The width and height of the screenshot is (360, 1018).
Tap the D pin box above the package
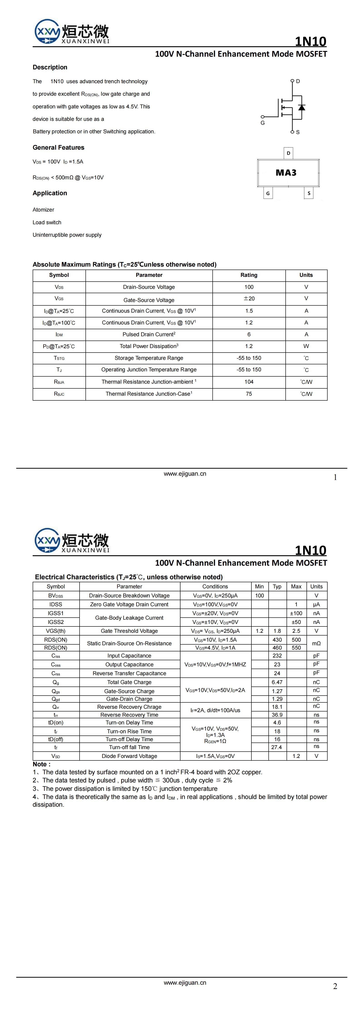pos(288,153)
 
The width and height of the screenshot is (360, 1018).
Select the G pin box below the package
pos(268,193)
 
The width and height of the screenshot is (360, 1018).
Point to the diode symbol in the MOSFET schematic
pos(302,107)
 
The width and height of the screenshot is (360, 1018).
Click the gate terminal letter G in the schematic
pos(262,123)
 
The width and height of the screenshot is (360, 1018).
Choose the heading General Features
pos(58,147)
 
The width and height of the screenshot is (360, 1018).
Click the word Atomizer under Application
pos(44,210)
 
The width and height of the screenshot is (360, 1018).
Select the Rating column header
pos(249,275)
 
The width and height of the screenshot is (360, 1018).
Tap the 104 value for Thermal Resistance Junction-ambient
pos(249,382)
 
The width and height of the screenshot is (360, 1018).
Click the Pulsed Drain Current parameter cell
pos(149,334)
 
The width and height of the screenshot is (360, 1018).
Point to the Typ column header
pos(277,587)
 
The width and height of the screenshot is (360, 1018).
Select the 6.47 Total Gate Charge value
pos(277,682)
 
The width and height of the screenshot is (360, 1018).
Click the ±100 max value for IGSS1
pos(296,613)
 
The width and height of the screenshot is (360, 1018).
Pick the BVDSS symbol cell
pos(56,596)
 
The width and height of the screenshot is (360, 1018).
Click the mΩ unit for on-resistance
pos(316,643)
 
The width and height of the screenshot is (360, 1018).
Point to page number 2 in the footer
pos(335,986)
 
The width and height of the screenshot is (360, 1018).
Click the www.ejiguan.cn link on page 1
pos(185,474)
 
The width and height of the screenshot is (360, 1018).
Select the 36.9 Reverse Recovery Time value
pos(277,715)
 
